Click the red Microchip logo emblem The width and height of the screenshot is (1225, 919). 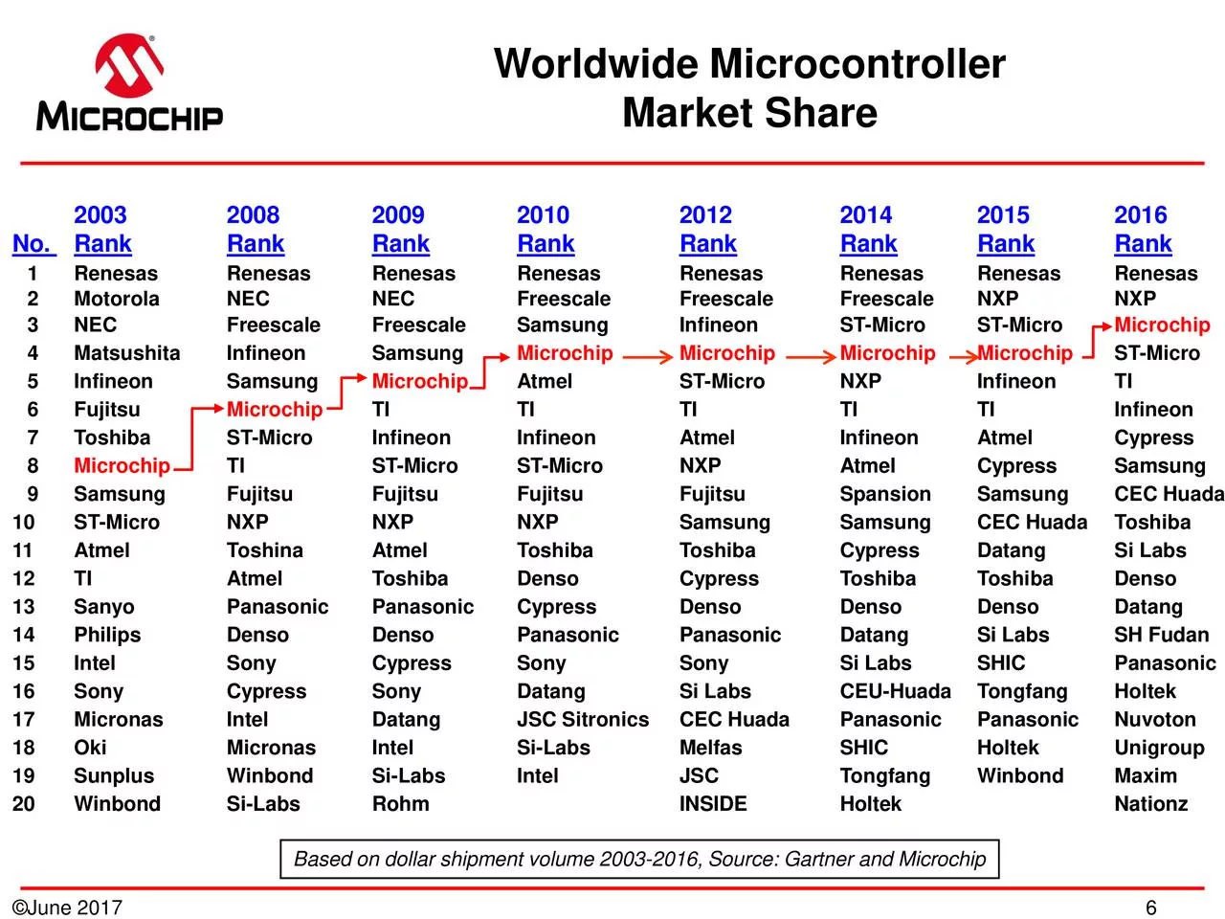tap(129, 65)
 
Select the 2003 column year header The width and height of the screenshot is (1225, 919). tap(100, 214)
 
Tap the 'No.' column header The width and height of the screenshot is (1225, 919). tap(34, 243)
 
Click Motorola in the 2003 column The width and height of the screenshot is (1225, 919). tap(117, 299)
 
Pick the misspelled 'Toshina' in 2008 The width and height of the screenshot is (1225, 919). tap(264, 550)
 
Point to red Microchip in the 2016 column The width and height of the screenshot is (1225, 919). tap(1162, 325)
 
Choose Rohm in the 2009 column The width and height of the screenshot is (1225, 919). tap(401, 803)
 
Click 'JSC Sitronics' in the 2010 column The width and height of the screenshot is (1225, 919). tap(583, 719)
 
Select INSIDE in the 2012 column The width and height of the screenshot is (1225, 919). tap(713, 803)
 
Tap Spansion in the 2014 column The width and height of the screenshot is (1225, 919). tap(885, 494)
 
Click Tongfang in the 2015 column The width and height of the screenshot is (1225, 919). tap(1022, 691)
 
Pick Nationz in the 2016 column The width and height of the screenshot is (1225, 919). tap(1150, 803)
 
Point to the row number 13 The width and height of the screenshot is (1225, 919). tap(23, 607)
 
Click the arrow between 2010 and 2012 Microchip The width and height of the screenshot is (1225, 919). tap(647, 356)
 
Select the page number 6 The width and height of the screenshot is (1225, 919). tap(1150, 908)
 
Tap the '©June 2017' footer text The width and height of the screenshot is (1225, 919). tap(67, 908)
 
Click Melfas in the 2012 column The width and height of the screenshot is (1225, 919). tap(710, 747)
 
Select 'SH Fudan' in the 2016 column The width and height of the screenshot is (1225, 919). tap(1162, 635)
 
